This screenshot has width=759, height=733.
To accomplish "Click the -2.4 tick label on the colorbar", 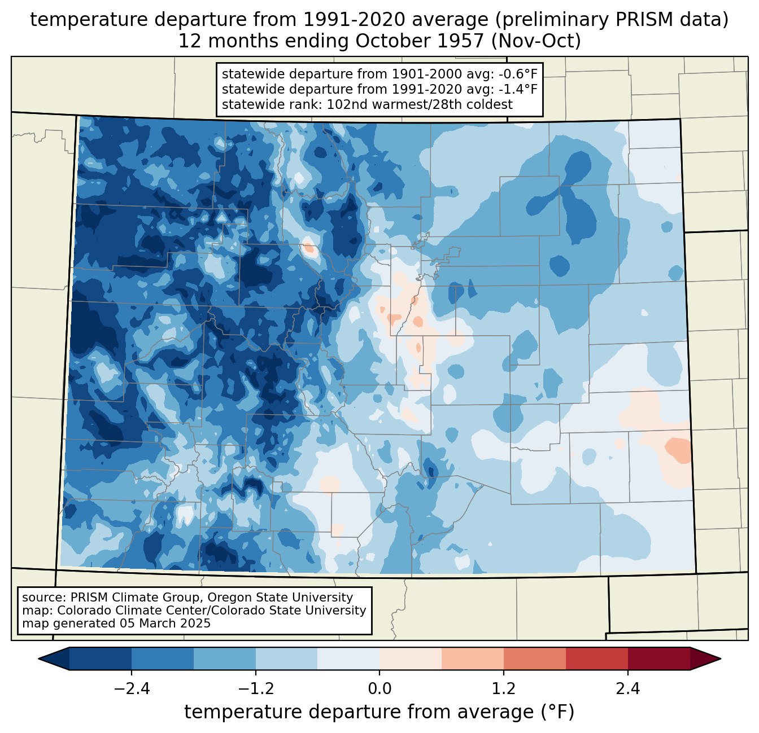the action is (x=132, y=690).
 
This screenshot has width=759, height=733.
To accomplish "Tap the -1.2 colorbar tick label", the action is (x=256, y=690).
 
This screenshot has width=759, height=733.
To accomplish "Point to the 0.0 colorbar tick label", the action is (x=380, y=690).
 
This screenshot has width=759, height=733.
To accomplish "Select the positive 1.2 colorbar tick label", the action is (x=504, y=690).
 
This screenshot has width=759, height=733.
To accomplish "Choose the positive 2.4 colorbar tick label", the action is (x=628, y=690).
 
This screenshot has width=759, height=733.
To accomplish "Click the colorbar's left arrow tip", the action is (x=38, y=659).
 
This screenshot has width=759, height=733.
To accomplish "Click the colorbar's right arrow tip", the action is (x=721, y=659).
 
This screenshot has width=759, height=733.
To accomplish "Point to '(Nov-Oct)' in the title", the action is (x=535, y=41).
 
